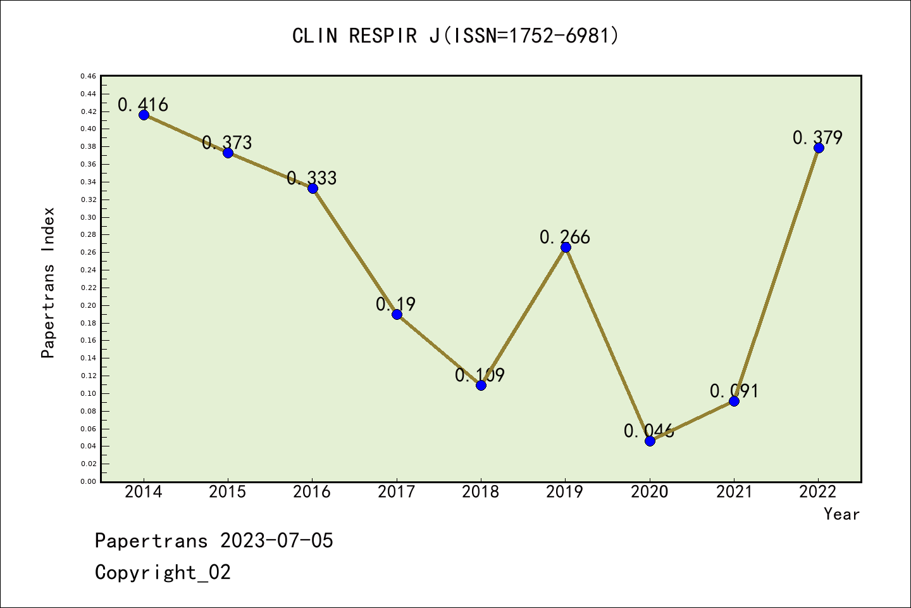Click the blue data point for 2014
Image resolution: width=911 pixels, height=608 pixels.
pyautogui.click(x=144, y=115)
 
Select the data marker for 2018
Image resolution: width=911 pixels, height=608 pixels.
pyautogui.click(x=481, y=385)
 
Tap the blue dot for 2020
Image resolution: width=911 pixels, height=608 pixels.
pyautogui.click(x=650, y=441)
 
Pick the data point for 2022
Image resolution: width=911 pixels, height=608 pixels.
pyautogui.click(x=819, y=148)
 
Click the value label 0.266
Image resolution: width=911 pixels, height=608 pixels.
pyautogui.click(x=564, y=237)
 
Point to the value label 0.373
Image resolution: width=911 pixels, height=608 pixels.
pyautogui.click(x=227, y=143)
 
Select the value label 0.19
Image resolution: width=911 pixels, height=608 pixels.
pyautogui.click(x=395, y=305)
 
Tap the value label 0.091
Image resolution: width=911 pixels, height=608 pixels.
pyautogui.click(x=734, y=391)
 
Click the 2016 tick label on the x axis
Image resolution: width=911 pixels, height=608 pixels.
pyautogui.click(x=312, y=492)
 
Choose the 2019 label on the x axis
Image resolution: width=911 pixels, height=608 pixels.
pyautogui.click(x=565, y=492)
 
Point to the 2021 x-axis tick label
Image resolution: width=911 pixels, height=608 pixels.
pyautogui.click(x=734, y=492)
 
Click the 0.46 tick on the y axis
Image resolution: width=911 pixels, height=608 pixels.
pyautogui.click(x=88, y=77)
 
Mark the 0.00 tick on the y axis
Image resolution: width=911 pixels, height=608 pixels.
pyautogui.click(x=88, y=481)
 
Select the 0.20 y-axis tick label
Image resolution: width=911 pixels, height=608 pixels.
pyautogui.click(x=88, y=305)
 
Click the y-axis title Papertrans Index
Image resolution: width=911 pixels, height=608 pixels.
pyautogui.click(x=48, y=282)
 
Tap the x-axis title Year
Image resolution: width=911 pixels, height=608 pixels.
pyautogui.click(x=841, y=514)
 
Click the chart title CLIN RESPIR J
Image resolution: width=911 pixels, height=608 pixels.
pyautogui.click(x=455, y=36)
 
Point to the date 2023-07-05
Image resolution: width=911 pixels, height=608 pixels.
pyautogui.click(x=276, y=541)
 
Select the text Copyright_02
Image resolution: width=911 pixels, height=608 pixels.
pyautogui.click(x=163, y=573)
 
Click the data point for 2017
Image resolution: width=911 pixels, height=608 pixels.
pyautogui.click(x=397, y=314)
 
